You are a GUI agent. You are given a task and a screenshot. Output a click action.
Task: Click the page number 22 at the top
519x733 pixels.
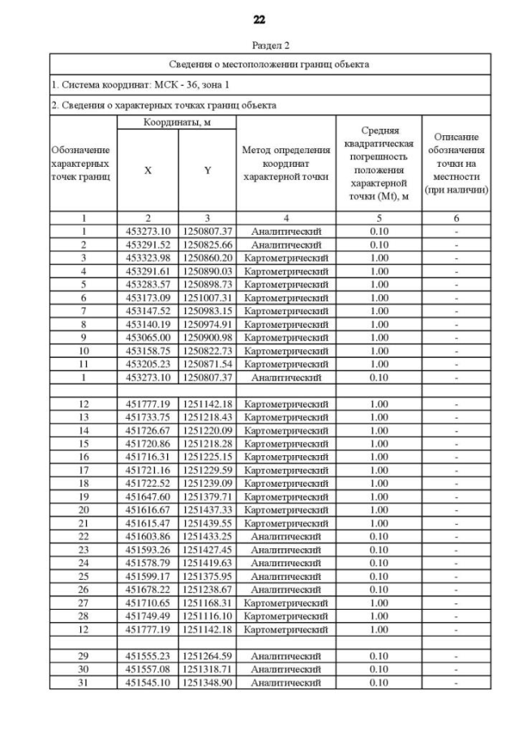259,19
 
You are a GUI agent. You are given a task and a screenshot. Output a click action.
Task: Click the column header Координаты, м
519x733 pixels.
177,121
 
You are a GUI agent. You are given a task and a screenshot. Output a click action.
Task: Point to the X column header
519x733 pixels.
148,171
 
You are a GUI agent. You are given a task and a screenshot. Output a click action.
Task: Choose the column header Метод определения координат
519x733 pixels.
285,163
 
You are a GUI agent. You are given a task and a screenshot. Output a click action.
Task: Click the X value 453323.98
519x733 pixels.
148,258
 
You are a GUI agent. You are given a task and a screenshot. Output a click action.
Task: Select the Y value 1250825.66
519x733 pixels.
208,244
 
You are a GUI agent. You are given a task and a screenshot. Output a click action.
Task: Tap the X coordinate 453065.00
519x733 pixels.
148,337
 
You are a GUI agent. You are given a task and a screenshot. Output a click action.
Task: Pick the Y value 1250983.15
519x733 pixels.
208,310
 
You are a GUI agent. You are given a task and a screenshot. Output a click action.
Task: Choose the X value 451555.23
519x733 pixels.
148,656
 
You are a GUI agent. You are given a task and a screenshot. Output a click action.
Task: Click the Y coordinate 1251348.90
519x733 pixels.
208,682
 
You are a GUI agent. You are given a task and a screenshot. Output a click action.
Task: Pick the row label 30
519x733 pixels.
84,669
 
